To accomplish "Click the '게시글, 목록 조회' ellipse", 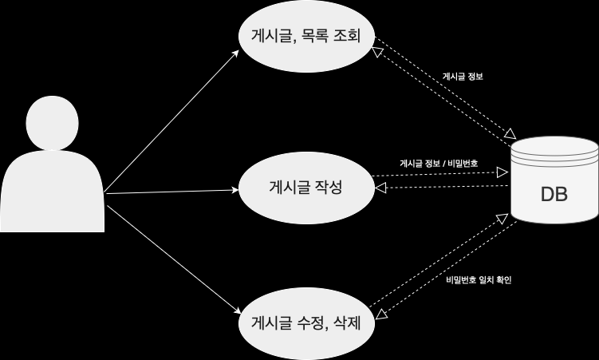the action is click(306, 36).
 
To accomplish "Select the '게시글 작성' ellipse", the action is click(306, 188).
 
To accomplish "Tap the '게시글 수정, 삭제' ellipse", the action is click(306, 324).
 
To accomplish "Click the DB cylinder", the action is click(554, 180).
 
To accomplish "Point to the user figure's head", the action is click(53, 123).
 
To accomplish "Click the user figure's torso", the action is click(52, 191).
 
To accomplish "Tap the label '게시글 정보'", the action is click(463, 77).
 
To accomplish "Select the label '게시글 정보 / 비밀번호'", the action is click(439, 164).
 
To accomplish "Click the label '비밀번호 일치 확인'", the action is click(479, 279).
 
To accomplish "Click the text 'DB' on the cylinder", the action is click(554, 194).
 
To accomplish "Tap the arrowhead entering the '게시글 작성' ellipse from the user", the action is click(235, 190).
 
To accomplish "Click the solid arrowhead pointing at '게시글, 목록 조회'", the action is click(235, 53).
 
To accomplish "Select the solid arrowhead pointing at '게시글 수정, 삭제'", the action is click(235, 311).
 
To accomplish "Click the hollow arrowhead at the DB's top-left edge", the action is click(510, 134).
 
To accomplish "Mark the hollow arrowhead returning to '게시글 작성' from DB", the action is click(380, 188).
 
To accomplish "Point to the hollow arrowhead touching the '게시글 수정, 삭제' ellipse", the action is click(382, 315).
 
